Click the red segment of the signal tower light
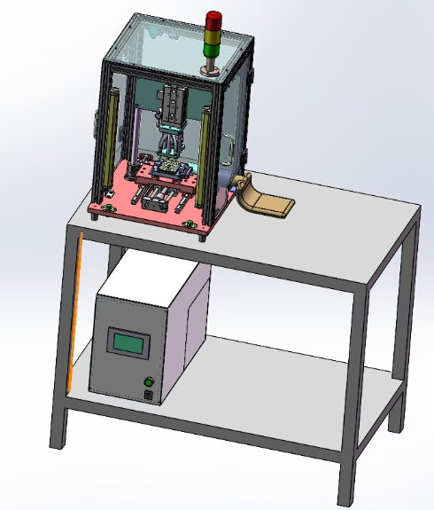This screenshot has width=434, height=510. click(x=214, y=20)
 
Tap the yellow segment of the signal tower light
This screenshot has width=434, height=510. click(x=214, y=36)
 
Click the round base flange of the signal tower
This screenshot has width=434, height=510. click(x=212, y=71)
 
